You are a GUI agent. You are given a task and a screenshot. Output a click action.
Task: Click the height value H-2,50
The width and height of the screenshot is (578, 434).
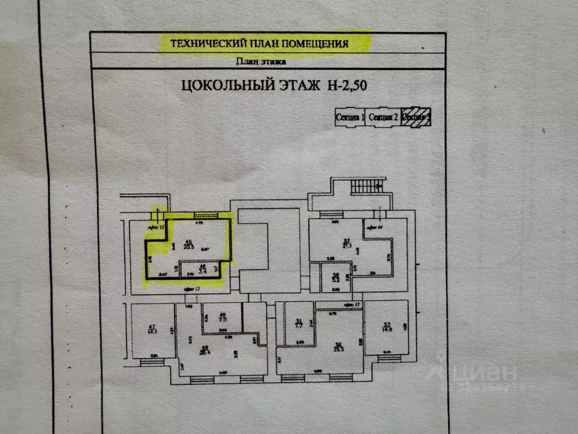pyautogui.click(x=350, y=86)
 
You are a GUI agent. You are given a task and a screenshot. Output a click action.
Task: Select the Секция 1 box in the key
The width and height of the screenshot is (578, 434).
pyautogui.click(x=349, y=117)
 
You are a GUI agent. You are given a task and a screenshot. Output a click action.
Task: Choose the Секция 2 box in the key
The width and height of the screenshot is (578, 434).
pyautogui.click(x=382, y=117)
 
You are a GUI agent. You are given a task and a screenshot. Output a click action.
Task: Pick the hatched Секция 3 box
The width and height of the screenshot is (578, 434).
pyautogui.click(x=416, y=117)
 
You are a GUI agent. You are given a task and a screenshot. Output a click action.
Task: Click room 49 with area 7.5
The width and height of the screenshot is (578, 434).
pyautogui.click(x=222, y=317)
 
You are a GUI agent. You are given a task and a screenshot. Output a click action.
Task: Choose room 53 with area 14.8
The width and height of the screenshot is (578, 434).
pyautogui.click(x=387, y=327)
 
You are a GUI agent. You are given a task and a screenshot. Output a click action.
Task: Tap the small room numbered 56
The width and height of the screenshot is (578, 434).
pyautogui.click(x=335, y=277)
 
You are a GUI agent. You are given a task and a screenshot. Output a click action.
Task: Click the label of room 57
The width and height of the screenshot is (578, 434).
pyautogui.click(x=347, y=244)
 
